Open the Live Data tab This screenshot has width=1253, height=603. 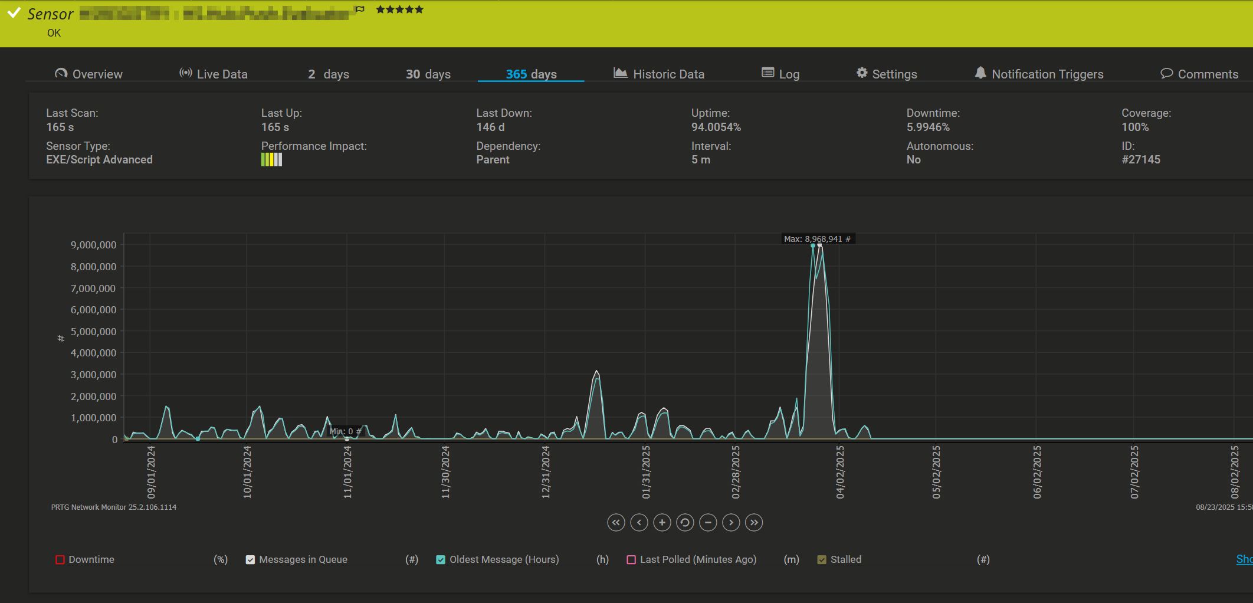(x=214, y=74)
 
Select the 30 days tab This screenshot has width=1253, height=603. (x=428, y=74)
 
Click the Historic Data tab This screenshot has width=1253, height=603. (x=659, y=74)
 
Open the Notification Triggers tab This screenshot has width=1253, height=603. (x=1039, y=74)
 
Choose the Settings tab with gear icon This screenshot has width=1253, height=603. (x=887, y=74)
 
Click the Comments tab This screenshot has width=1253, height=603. (x=1199, y=74)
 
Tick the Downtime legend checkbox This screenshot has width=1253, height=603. (x=60, y=559)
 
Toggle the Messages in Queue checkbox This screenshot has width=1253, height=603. (x=250, y=559)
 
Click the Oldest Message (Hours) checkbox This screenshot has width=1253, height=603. (x=441, y=559)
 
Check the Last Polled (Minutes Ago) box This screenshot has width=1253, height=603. (x=631, y=559)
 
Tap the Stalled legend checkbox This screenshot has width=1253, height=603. (x=822, y=559)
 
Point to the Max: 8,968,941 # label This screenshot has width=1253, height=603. (x=817, y=239)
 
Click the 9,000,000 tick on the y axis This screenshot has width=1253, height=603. (x=93, y=245)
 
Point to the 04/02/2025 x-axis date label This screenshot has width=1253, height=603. (x=840, y=472)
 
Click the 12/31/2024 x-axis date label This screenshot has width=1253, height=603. (x=546, y=472)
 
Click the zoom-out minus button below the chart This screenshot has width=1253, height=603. (x=708, y=522)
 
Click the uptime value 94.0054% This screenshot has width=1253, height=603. (x=716, y=127)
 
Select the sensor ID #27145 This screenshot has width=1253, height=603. (x=1141, y=159)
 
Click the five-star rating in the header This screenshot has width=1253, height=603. (x=399, y=9)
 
